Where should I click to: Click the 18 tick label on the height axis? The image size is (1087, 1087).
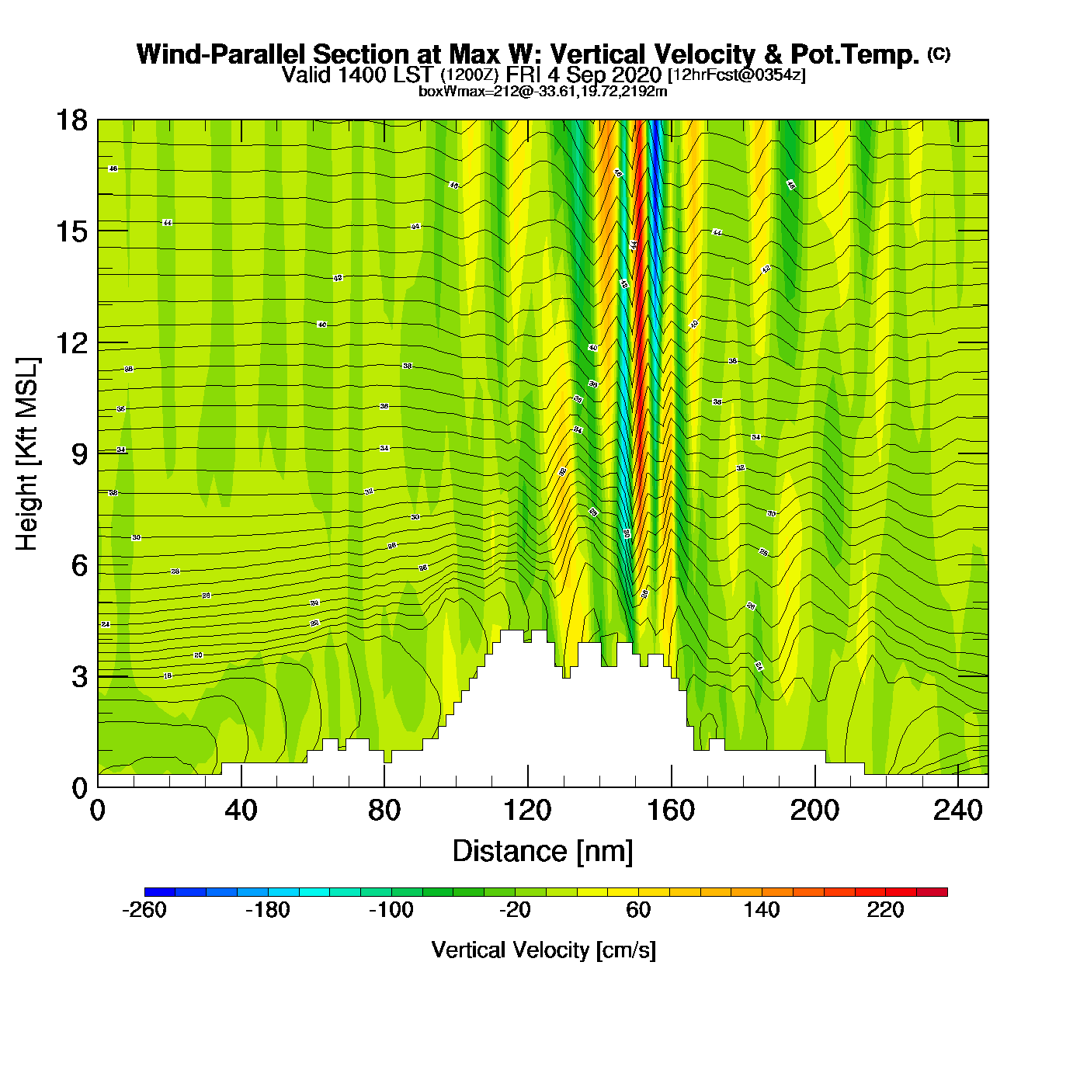pos(71,120)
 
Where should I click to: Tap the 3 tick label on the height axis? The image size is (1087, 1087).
pos(79,676)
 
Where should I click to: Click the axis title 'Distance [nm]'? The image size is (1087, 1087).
pos(543,852)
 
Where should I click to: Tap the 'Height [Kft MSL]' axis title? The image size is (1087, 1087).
pos(27,454)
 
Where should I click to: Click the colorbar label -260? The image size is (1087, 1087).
pos(144,910)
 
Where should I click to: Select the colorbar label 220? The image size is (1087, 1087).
pos(885,910)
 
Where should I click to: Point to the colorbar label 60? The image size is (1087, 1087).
pos(638,910)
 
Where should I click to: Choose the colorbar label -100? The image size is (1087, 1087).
pos(391,910)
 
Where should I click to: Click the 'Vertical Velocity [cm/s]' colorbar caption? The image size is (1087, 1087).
pos(543,950)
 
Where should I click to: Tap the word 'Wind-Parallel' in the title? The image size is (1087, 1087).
pos(222,54)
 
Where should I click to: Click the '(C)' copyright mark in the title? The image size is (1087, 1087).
pos(939,54)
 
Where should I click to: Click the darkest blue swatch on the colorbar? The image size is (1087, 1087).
pos(160,891)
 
